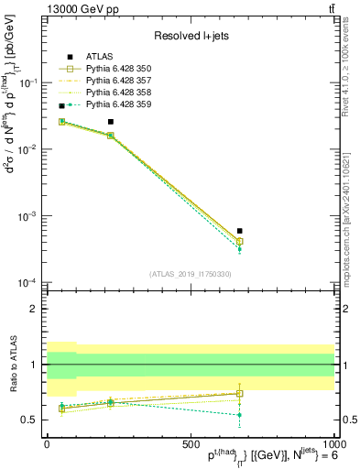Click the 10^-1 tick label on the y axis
tap(29, 82)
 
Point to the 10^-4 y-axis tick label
tap(29, 282)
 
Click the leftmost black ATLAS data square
tap(61, 106)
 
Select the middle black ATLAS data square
tap(111, 121)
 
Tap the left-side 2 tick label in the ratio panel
tap(35, 309)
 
